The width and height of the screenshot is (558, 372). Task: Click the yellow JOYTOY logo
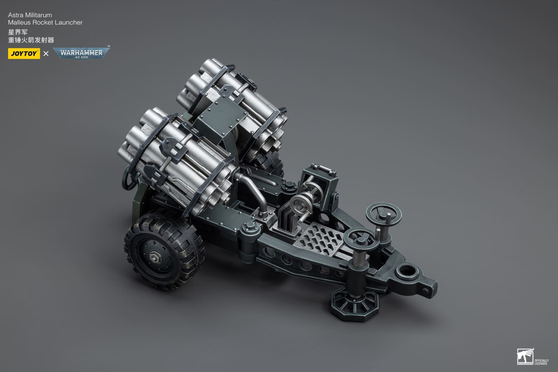click(24, 54)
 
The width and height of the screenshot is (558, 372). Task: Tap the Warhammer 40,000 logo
click(81, 53)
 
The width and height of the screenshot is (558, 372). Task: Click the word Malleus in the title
click(19, 23)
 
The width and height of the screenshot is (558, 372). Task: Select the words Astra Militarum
click(30, 15)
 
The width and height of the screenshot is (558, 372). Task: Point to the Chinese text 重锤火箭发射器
click(31, 40)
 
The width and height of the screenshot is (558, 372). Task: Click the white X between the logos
click(46, 54)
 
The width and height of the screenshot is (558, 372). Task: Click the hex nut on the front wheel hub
click(154, 256)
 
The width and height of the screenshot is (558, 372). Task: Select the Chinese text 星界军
click(18, 32)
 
